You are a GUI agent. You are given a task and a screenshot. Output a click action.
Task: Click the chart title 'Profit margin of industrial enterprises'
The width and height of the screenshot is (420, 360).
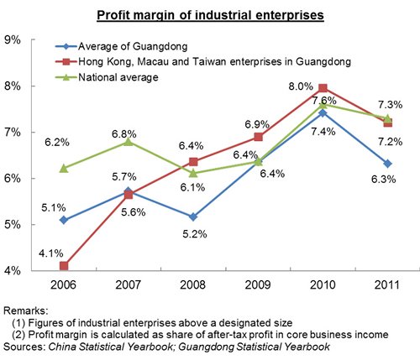click(210, 15)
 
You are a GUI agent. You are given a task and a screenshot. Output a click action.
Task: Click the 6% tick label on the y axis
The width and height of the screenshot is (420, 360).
click(13, 178)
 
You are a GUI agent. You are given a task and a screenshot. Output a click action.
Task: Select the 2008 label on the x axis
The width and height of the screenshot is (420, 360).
click(192, 285)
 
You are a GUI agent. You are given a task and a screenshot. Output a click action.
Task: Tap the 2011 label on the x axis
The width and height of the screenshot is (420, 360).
click(387, 285)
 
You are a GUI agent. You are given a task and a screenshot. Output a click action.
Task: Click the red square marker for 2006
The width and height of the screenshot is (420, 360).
click(64, 266)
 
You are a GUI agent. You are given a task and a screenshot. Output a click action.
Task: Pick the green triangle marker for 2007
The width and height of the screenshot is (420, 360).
click(129, 142)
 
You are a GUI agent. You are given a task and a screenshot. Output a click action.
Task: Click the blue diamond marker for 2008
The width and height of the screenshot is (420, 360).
click(193, 217)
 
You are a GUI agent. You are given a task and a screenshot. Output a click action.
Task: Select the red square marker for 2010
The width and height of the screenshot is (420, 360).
click(323, 88)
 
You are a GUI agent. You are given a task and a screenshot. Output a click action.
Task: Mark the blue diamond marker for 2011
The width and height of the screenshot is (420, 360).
click(387, 164)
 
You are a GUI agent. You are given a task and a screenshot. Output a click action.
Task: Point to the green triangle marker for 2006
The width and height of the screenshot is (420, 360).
click(64, 169)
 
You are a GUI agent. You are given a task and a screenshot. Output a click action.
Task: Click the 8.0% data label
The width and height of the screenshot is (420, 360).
click(301, 86)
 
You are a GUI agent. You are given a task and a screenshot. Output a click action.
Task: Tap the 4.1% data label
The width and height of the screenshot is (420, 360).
click(51, 253)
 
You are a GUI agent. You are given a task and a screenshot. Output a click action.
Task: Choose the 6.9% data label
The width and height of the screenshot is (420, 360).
click(257, 124)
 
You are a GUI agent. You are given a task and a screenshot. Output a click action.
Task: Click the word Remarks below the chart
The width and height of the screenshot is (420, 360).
click(26, 310)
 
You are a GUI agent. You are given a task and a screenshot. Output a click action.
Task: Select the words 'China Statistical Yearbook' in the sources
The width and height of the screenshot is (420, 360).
click(110, 347)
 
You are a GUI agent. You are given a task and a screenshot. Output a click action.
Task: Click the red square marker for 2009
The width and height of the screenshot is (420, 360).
click(259, 137)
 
